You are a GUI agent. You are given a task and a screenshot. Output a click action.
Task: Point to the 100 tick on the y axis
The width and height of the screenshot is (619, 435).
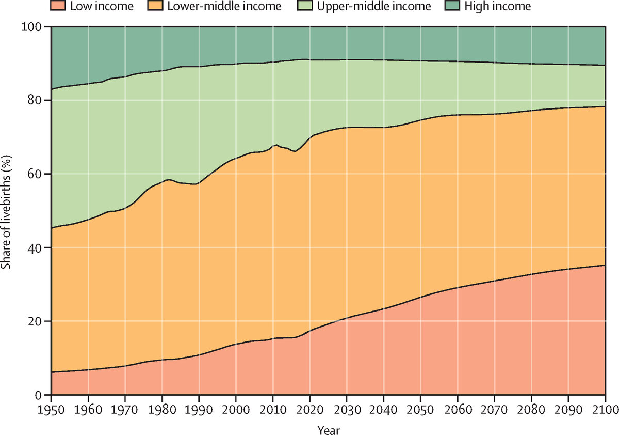tap(36, 26)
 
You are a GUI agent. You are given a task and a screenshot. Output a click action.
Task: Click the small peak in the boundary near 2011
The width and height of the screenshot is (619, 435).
tap(277, 145)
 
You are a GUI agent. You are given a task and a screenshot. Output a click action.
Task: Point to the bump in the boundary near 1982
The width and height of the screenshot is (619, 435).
tap(169, 179)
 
